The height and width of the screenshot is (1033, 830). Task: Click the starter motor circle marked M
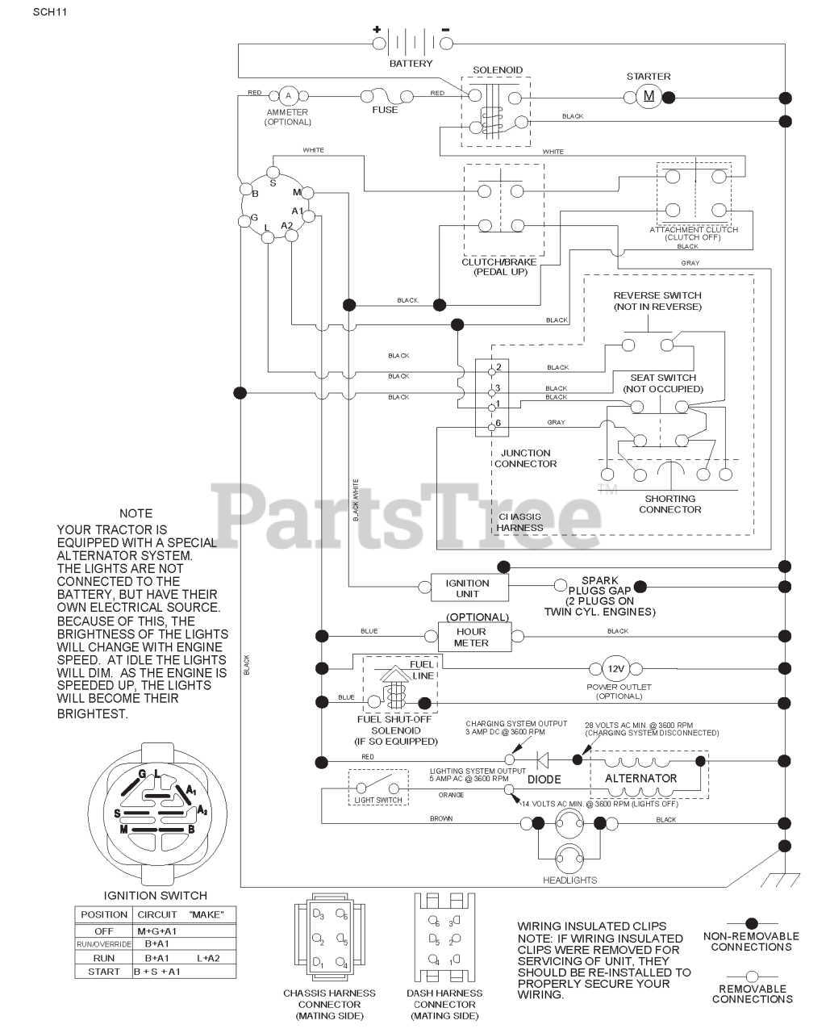(x=649, y=97)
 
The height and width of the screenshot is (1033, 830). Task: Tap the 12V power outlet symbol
(x=615, y=669)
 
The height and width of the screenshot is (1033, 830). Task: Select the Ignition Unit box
(x=467, y=588)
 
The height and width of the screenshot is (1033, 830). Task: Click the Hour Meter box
(x=471, y=637)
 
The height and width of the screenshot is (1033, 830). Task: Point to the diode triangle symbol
(x=542, y=759)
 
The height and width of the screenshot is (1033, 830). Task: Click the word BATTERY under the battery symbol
(x=411, y=63)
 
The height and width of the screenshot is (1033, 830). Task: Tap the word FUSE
(x=385, y=110)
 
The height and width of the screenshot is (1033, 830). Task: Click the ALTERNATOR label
(x=640, y=779)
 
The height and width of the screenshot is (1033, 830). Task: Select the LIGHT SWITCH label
(x=377, y=800)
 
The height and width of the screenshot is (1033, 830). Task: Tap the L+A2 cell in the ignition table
(x=208, y=957)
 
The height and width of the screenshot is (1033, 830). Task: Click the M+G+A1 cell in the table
(x=156, y=931)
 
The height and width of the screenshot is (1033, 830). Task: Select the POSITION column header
(x=104, y=914)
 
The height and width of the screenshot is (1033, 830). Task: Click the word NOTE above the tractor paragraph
(x=136, y=513)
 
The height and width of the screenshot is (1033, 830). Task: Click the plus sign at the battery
(x=376, y=29)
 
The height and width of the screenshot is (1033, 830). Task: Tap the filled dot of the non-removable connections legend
(x=751, y=922)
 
